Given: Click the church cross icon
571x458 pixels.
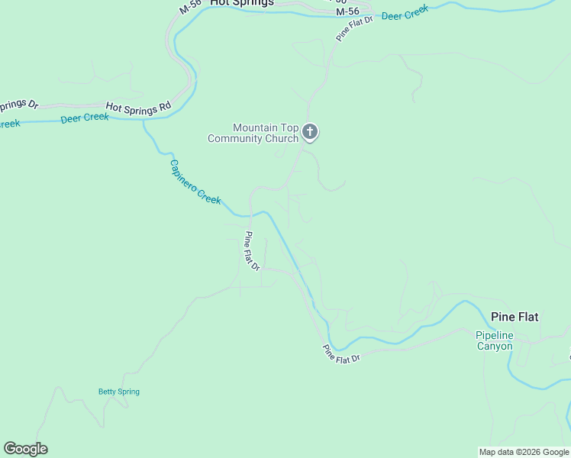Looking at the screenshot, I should [x=310, y=132].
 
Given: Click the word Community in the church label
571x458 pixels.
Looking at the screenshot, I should [x=237, y=138].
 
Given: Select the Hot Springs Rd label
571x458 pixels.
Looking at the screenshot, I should [x=137, y=108].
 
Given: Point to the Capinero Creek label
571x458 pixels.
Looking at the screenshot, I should [x=195, y=182].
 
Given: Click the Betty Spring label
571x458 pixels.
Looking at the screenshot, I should [x=119, y=392].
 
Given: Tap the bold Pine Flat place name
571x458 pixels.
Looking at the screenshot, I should [x=515, y=317].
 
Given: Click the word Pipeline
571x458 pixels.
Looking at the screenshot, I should [x=495, y=335].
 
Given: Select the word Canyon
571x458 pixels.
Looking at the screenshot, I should [x=495, y=346].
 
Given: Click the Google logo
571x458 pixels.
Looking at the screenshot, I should [x=25, y=449].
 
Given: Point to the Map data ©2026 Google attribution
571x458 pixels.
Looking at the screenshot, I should [x=524, y=452].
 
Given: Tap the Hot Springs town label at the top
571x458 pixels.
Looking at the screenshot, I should [x=241, y=3].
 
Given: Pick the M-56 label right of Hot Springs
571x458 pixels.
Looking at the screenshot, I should [x=347, y=11].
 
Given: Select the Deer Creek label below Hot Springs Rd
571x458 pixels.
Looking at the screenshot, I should [x=85, y=118].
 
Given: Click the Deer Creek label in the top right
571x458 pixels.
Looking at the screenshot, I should [x=405, y=15].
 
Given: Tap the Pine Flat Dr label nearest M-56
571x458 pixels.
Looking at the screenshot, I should [x=354, y=27].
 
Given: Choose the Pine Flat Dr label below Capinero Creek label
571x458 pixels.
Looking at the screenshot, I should [x=253, y=251].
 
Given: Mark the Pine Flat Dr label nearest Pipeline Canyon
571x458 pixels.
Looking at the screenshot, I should [x=340, y=354].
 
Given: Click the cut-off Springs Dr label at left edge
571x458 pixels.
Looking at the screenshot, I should [x=18, y=105].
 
